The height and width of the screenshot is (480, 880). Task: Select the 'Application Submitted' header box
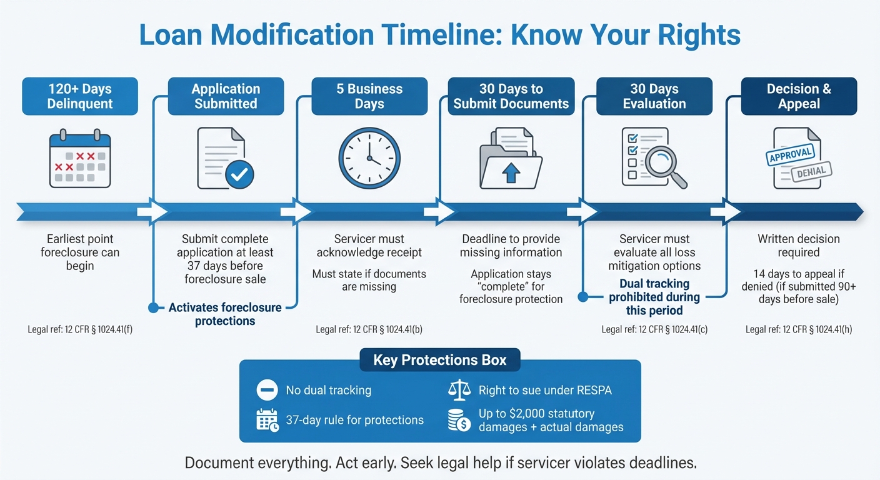click(x=226, y=96)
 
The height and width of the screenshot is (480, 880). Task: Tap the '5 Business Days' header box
click(x=369, y=96)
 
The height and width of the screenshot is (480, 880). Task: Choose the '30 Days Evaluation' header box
click(x=654, y=96)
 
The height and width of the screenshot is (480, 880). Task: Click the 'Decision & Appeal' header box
click(x=799, y=96)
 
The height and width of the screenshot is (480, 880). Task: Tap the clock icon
click(x=369, y=158)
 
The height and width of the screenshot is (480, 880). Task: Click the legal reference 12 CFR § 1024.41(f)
click(x=80, y=329)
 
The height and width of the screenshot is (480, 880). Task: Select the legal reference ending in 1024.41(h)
click(x=798, y=329)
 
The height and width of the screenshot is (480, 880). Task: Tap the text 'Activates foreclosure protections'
click(x=225, y=314)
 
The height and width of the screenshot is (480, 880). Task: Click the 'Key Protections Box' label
click(x=440, y=360)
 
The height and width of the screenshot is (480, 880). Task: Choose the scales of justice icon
click(x=459, y=390)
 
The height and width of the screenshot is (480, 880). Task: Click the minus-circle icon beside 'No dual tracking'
click(x=267, y=390)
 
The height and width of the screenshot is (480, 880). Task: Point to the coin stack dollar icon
click(x=459, y=421)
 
